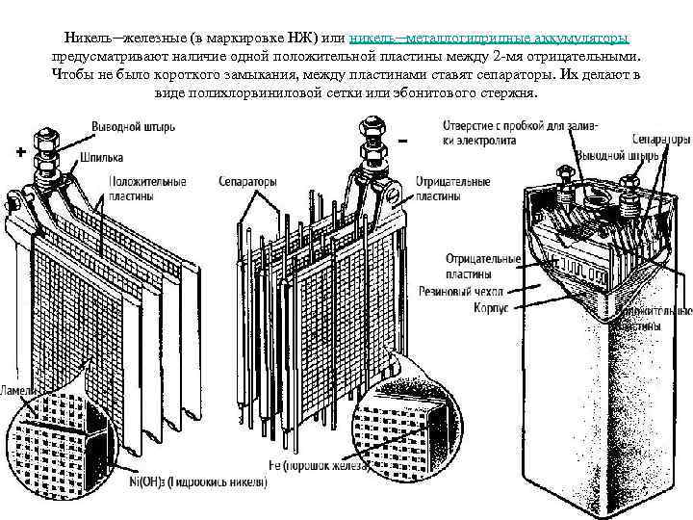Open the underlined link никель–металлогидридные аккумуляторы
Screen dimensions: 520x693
(489, 37)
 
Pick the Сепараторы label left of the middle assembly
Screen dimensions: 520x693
(247, 180)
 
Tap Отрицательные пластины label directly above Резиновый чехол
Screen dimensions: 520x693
(482, 265)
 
